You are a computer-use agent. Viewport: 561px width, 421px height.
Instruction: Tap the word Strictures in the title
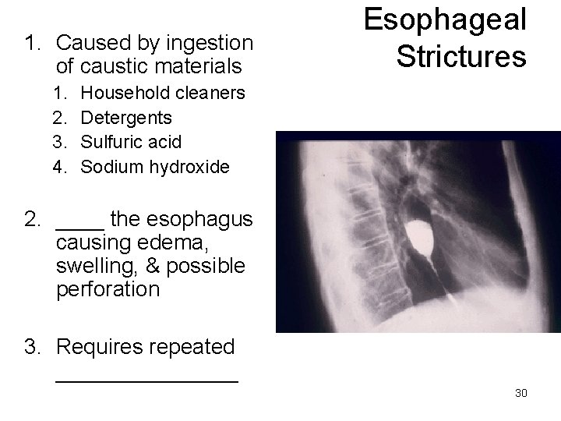(460, 55)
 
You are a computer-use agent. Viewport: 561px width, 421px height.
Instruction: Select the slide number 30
(521, 393)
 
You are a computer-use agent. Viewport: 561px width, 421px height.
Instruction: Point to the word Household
(125, 94)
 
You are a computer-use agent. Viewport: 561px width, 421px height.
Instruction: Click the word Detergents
(127, 118)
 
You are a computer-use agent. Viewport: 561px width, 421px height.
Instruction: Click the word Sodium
(108, 166)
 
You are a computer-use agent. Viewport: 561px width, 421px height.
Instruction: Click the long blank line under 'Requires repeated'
(147, 380)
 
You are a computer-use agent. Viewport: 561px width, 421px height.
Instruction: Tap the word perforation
(108, 290)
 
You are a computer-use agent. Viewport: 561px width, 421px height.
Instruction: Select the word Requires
(100, 346)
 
